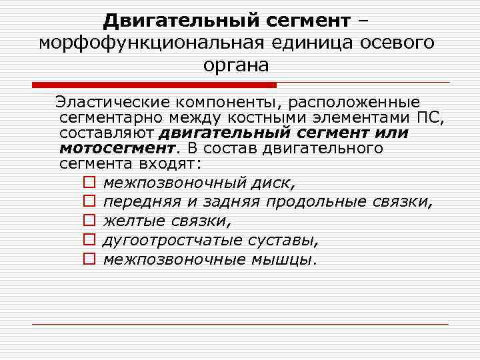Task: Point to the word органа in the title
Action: [x=237, y=65]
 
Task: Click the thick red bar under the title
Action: [x=154, y=85]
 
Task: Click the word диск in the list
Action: [x=275, y=182]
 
